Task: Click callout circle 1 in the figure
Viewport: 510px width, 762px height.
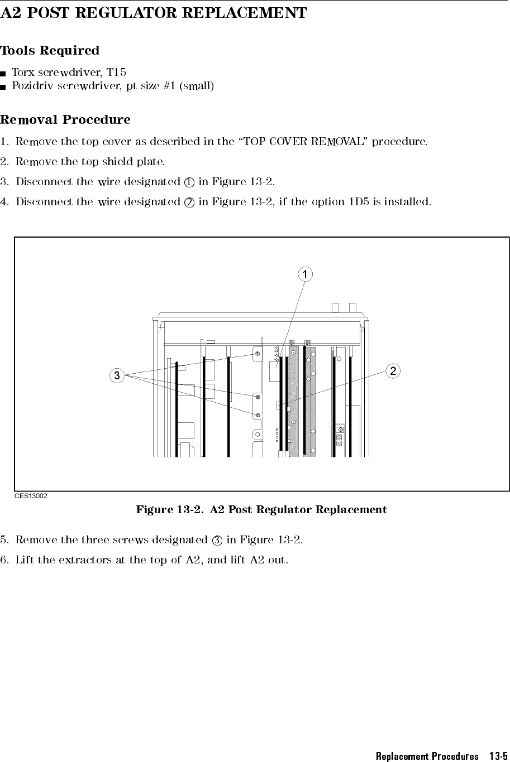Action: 305,274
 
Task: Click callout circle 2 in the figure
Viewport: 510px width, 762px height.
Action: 393,371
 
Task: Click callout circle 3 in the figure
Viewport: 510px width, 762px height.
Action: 117,375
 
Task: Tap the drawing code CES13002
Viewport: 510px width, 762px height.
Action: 31,496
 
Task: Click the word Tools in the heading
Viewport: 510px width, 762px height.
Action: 18,50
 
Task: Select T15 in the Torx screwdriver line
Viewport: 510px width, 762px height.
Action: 116,72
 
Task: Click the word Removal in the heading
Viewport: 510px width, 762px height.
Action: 28,119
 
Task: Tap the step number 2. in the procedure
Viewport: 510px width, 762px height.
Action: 4,162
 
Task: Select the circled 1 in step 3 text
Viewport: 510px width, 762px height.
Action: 189,182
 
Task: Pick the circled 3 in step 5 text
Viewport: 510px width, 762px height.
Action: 217,541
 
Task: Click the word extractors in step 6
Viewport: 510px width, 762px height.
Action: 85,560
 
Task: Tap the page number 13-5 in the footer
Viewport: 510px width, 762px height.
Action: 498,756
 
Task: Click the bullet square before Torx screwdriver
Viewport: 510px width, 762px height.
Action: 3,74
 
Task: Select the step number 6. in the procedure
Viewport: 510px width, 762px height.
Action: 4,560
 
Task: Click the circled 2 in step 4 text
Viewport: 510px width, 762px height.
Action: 189,202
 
